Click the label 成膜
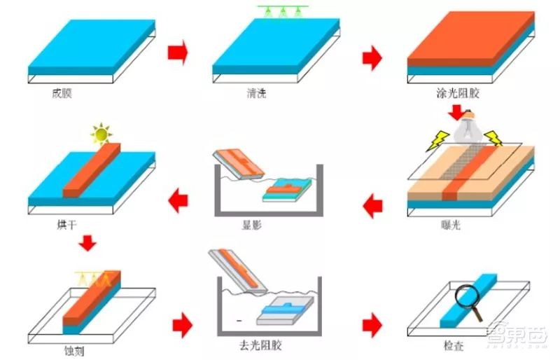62,93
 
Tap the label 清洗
256,93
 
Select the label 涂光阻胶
458,93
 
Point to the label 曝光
451,225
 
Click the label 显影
252,225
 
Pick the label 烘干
66,225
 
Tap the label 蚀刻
74,351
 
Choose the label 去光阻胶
260,345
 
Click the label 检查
454,346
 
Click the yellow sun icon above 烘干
101,134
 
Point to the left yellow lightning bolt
438,140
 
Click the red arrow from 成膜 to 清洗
178,53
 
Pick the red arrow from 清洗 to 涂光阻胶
372,57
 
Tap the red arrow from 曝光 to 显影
372,206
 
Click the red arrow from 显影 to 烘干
178,200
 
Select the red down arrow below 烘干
87,243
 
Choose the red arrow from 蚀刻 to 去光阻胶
182,325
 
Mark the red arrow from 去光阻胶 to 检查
372,325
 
